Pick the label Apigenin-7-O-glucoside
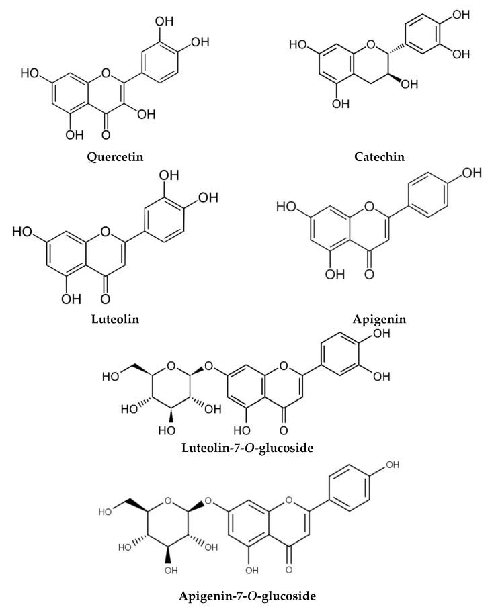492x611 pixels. pyautogui.click(x=246, y=595)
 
